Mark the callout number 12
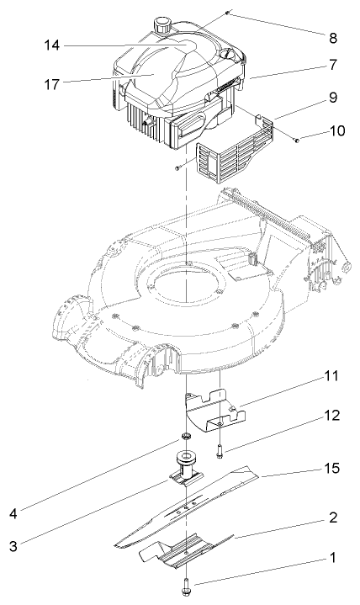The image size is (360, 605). [x=333, y=414]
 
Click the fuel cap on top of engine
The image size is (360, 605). [x=161, y=23]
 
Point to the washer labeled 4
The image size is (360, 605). [x=180, y=438]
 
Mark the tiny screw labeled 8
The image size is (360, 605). [x=228, y=14]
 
